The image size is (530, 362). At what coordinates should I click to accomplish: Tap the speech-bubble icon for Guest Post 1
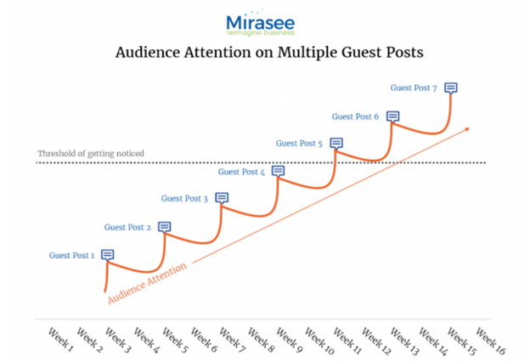(108, 254)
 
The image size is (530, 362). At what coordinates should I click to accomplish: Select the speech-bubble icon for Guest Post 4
(278, 171)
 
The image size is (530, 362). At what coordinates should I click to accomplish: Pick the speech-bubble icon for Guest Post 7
(451, 88)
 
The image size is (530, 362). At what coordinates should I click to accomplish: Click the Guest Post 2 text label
(127, 228)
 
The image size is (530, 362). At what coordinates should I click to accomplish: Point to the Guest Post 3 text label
(183, 199)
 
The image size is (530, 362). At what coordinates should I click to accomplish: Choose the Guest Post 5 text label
(299, 144)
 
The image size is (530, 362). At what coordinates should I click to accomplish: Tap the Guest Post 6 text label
(355, 116)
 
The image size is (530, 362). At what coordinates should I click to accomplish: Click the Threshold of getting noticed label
(90, 154)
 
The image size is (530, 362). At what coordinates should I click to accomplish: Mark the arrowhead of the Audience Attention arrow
(466, 128)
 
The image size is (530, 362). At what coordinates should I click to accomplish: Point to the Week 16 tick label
(490, 337)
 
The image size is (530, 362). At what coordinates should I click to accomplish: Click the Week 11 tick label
(347, 337)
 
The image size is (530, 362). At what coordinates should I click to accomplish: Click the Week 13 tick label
(404, 337)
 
